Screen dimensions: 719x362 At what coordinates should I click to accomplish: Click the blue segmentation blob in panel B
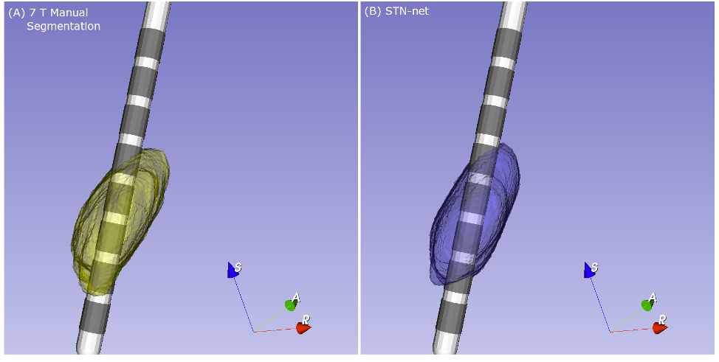pos(475,215)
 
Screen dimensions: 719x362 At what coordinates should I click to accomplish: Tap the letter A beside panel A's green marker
pos(296,299)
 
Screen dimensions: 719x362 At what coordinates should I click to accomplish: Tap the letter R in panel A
pos(306,319)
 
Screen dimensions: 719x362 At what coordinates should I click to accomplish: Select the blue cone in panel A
pos(233,271)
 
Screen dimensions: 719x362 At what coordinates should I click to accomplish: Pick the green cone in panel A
pos(291,304)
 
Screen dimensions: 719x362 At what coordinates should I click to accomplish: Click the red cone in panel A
pos(303,327)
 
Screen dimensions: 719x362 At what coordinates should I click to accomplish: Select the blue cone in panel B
pos(589,271)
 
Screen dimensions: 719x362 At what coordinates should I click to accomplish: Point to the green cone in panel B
pos(647,304)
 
